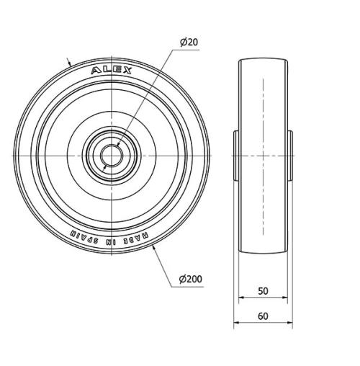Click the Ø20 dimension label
click(x=189, y=43)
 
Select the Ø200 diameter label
click(x=189, y=279)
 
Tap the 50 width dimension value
click(x=263, y=291)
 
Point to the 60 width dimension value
click(x=263, y=316)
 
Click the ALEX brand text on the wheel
click(x=112, y=70)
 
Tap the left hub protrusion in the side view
click(x=235, y=154)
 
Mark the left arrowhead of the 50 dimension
click(x=240, y=300)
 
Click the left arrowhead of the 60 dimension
click(x=236, y=324)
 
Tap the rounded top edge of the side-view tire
click(x=263, y=61)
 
